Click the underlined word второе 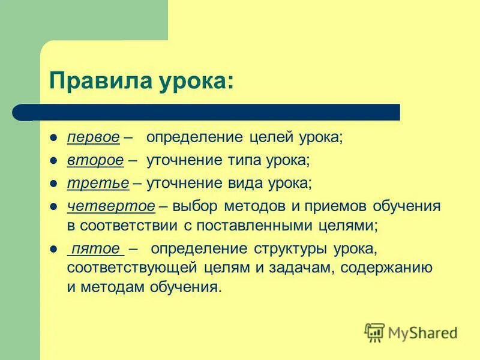click(x=95, y=160)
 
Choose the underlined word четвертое click(x=110, y=206)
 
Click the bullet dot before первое click(x=53, y=137)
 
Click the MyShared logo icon click(x=374, y=332)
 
